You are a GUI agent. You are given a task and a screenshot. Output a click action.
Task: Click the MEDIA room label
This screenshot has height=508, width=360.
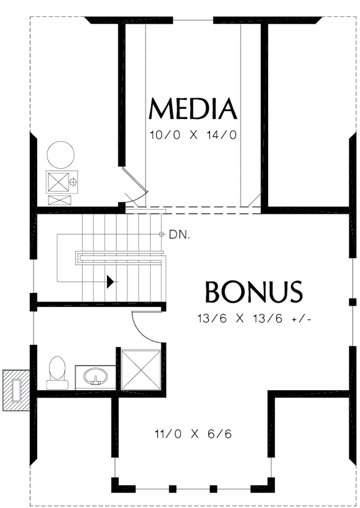point(193,109)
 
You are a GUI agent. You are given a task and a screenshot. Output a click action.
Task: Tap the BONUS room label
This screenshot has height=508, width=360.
point(253,292)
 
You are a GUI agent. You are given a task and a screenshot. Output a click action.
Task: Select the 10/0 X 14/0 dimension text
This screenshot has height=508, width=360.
point(193,135)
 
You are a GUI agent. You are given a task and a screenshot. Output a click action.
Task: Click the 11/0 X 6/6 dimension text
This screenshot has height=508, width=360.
point(193,434)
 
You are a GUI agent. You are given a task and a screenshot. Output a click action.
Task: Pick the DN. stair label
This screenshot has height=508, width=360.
point(179,235)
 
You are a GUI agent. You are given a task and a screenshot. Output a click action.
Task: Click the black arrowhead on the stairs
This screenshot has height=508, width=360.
point(110,281)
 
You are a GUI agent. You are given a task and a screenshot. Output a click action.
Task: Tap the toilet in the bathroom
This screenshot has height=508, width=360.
point(57,372)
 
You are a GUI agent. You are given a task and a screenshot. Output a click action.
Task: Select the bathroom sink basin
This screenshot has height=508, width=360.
point(95,378)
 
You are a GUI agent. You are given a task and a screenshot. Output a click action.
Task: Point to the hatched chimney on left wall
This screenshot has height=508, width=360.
point(16,390)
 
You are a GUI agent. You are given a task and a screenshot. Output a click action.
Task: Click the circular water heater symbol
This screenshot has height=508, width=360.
point(61,154)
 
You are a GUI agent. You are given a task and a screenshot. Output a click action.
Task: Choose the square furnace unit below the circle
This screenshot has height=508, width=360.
point(59,181)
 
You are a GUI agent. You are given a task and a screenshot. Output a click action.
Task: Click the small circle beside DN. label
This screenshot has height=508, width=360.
point(161,234)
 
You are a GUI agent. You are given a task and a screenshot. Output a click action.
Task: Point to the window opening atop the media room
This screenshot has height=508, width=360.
point(193,20)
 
